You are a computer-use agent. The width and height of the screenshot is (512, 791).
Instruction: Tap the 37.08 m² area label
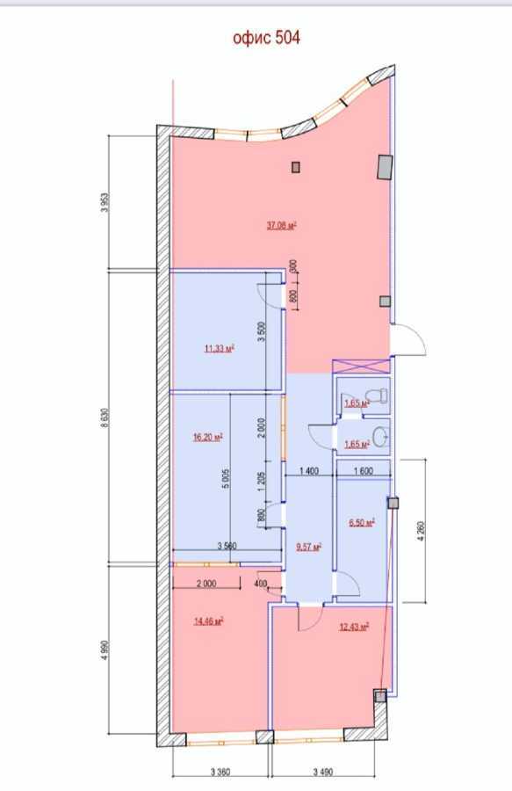click(281, 225)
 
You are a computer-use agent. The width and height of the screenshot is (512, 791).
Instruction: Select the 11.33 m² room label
click(219, 348)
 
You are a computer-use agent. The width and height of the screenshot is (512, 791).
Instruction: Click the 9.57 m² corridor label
click(307, 546)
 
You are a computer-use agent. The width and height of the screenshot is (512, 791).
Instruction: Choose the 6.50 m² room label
click(360, 522)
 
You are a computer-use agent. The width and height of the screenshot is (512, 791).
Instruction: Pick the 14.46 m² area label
click(208, 620)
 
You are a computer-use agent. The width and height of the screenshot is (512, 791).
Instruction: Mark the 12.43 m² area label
click(353, 626)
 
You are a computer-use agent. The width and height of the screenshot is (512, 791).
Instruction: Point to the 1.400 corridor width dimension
click(307, 472)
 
